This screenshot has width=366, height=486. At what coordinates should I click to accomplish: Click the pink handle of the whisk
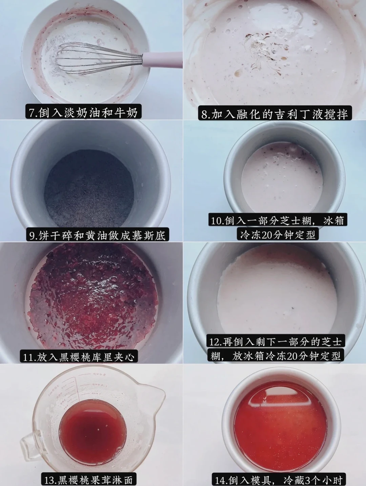pos(163,59)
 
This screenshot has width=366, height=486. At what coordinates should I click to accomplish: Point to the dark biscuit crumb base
pos(89,188)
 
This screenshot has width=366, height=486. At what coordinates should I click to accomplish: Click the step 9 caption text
pos(97,235)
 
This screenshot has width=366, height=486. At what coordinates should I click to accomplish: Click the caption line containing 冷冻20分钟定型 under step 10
pos(278,234)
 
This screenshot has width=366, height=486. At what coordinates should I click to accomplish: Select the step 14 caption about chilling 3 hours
pos(279,479)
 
